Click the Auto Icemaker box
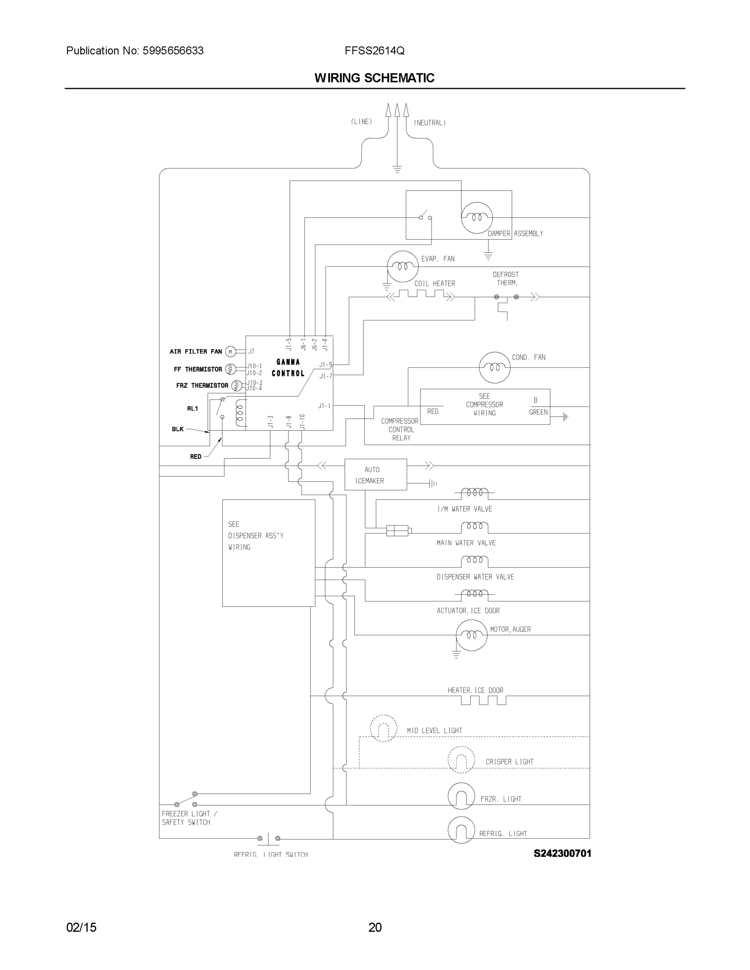[376, 474]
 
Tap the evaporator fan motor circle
[403, 266]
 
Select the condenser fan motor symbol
[494, 367]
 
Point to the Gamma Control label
[288, 368]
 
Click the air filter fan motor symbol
[230, 352]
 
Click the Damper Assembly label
[515, 234]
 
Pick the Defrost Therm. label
[506, 278]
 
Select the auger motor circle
[471, 635]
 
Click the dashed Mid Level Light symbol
[383, 728]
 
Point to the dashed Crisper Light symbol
[461, 760]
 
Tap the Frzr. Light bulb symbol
[461, 796]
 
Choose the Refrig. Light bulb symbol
[461, 830]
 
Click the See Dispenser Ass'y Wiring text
[256, 536]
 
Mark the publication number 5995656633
[173, 51]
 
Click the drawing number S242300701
[562, 853]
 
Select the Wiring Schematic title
[374, 78]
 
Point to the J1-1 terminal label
[324, 405]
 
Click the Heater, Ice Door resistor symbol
[483, 700]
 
